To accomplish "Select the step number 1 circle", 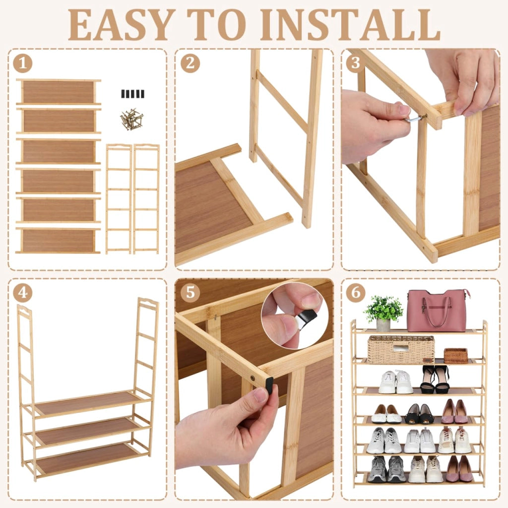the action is tap(23, 63).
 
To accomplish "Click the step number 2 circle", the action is tap(190, 63).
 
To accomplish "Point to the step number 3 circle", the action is tap(356, 63).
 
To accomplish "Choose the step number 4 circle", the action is tap(23, 293).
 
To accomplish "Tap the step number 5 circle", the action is tap(190, 293).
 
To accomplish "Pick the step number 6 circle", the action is tap(356, 293).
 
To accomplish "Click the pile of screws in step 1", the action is tap(131, 119).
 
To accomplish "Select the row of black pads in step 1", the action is tap(133, 94).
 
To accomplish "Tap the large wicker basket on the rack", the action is tap(401, 349).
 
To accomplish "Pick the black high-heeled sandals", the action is tap(435, 380).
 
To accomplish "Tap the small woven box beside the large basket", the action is tap(456, 356).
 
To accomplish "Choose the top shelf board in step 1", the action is tap(59, 92).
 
